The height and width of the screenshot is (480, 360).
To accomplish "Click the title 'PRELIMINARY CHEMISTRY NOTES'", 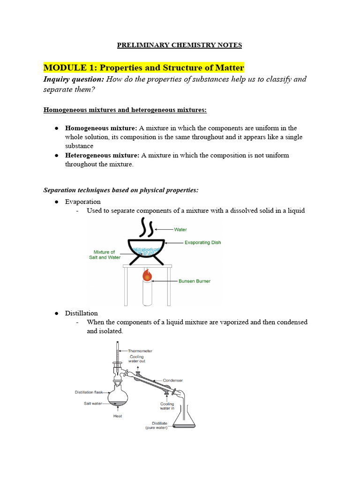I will tap(179, 45).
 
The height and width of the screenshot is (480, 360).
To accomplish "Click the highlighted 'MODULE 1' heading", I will tap(144, 67).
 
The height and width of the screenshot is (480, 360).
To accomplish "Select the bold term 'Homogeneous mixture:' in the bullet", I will tap(101, 128).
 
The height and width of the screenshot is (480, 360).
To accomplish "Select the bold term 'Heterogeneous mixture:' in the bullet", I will tap(102, 155).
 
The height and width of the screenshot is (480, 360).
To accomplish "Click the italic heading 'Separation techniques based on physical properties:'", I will tap(121, 190).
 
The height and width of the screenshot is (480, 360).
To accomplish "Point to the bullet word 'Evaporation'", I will tap(82, 202).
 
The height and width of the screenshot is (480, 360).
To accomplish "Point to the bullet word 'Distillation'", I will tap(82, 313).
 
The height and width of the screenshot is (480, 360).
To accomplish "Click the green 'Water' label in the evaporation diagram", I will tap(180, 230).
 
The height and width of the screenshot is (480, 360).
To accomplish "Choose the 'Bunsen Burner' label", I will tap(195, 281).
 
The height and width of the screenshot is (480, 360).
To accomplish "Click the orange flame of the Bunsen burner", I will tap(147, 275).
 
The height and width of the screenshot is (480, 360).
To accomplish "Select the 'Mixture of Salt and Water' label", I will tap(105, 255).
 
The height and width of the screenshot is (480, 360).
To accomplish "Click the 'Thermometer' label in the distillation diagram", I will tap(140, 351).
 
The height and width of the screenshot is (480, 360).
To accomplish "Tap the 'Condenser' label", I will tap(173, 380).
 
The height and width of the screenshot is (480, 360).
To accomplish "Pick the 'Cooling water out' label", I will tap(137, 359).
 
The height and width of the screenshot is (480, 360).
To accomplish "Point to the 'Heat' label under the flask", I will tap(118, 416).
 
